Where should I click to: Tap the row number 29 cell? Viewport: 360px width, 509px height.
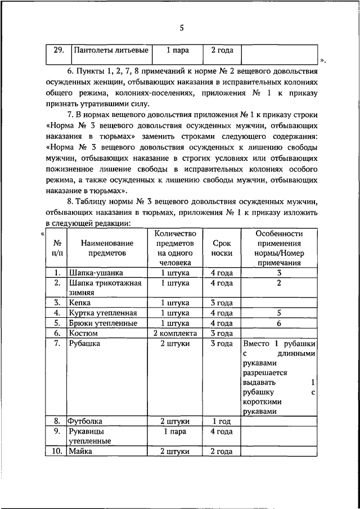[57, 50]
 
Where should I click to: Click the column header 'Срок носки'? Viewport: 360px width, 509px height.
[222, 248]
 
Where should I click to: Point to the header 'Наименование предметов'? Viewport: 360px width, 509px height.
[107, 248]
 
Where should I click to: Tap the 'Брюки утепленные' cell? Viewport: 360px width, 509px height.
[103, 323]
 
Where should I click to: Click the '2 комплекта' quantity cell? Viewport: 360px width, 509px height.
[175, 334]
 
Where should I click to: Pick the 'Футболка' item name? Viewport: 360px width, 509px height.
[86, 421]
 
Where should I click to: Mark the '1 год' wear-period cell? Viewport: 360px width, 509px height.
[222, 421]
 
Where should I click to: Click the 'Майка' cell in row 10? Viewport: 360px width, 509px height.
[81, 451]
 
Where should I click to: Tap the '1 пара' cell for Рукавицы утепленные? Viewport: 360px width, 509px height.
[175, 431]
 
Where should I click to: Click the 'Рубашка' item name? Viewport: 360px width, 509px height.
[85, 344]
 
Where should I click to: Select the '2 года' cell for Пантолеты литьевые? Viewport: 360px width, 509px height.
[222, 50]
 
